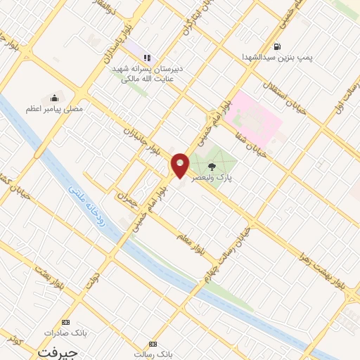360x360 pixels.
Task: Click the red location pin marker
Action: (x=181, y=165)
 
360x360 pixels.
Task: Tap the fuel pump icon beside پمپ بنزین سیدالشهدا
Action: (x=278, y=47)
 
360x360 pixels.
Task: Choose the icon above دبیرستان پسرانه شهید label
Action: (x=147, y=58)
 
